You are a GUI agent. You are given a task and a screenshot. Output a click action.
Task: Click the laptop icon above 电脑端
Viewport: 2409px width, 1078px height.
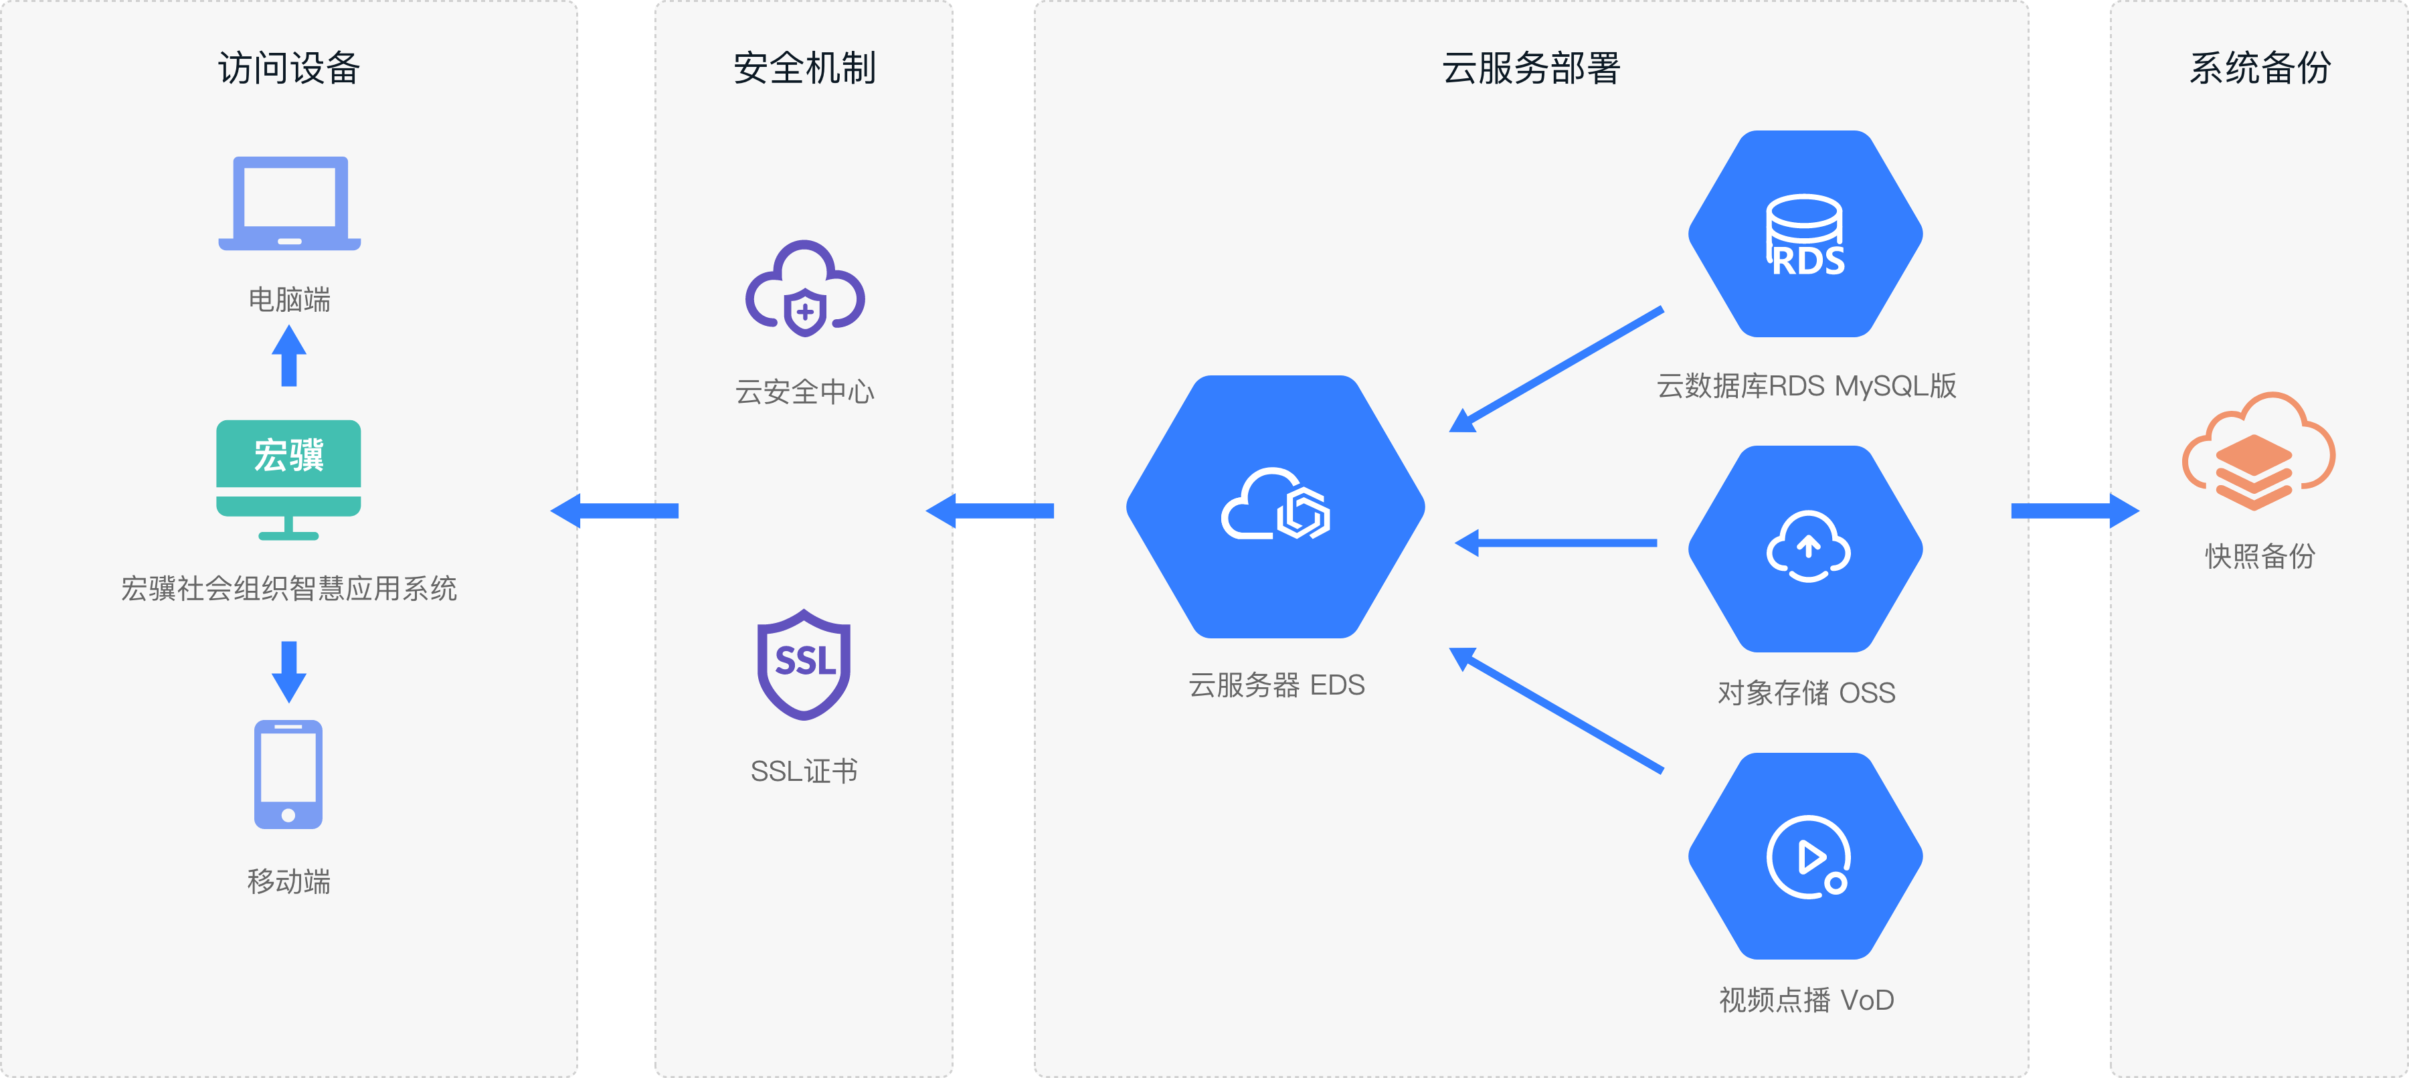[289, 203]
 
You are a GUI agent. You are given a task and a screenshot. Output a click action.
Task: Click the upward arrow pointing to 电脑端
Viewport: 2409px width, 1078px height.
[289, 355]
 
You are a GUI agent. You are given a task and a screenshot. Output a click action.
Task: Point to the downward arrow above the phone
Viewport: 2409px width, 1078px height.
[289, 671]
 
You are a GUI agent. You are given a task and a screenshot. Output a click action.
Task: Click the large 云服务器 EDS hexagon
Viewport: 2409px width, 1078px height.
[1275, 507]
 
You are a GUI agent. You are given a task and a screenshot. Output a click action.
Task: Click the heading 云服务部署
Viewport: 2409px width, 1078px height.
[1531, 68]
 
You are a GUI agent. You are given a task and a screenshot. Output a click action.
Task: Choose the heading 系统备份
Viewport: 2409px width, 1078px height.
[2259, 68]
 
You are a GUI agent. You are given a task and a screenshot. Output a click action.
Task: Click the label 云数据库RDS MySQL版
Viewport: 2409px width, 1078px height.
[1806, 386]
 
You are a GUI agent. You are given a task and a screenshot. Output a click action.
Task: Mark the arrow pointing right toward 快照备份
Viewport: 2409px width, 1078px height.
[2074, 511]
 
